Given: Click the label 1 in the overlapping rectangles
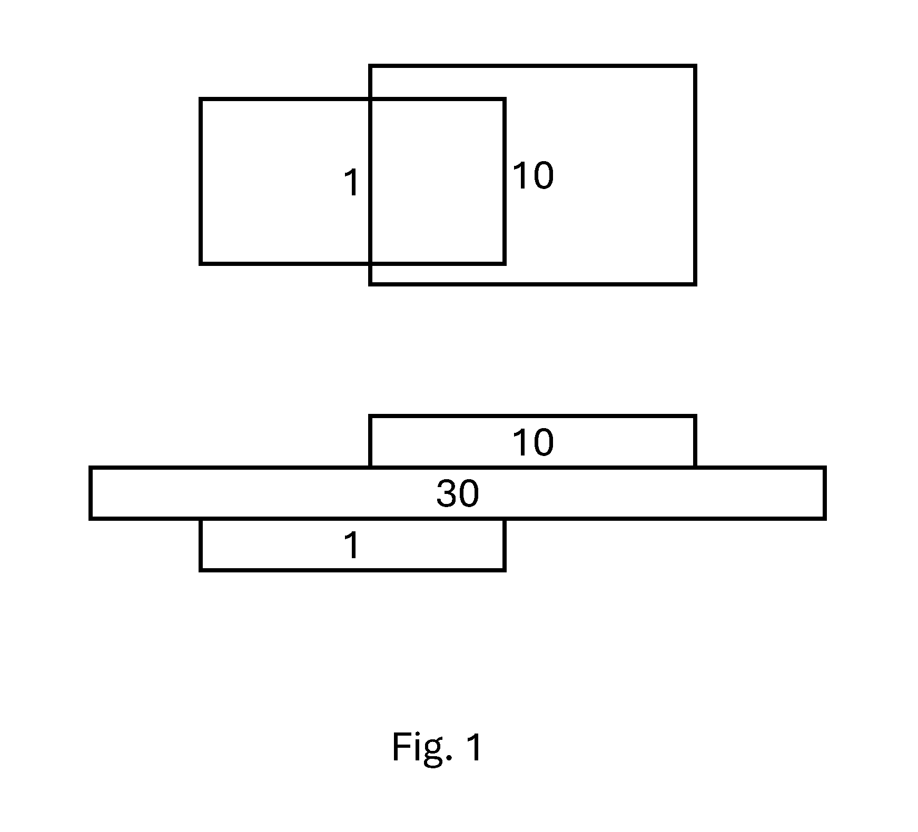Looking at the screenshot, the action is [352, 183].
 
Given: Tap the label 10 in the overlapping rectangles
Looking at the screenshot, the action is [533, 175].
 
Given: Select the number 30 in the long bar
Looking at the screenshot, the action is [458, 494].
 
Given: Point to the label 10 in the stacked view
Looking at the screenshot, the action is [533, 442].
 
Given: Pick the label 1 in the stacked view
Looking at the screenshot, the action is [352, 545].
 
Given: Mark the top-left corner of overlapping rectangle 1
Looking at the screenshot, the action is [201, 99].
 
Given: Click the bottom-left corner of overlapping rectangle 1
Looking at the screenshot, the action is [201, 263].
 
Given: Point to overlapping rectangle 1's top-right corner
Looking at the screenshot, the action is [505, 99].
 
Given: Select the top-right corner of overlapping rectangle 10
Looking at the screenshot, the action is [695, 66].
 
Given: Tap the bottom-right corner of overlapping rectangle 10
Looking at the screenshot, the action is [695, 284].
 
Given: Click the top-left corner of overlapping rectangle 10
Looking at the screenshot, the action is [370, 66].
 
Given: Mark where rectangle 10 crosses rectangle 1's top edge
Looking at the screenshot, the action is [370, 99].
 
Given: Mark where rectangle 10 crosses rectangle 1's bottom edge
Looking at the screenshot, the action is [370, 263].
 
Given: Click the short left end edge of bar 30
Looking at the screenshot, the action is [91, 493].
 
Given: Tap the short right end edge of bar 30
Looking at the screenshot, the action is [824, 493].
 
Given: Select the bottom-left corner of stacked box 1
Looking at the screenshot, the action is [201, 570].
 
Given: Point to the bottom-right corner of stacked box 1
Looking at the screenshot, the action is [505, 570].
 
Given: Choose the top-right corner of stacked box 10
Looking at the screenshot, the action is [695, 417].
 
